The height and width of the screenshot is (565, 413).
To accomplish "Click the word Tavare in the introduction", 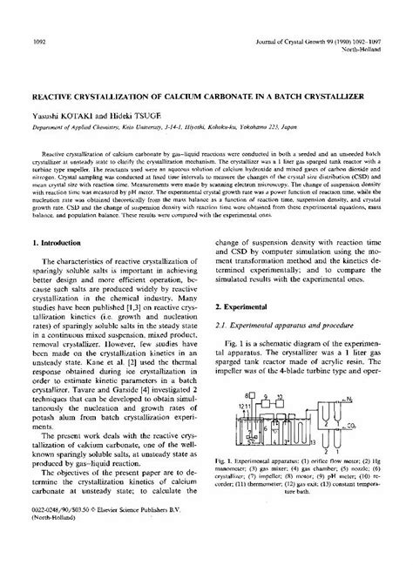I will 85,419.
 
